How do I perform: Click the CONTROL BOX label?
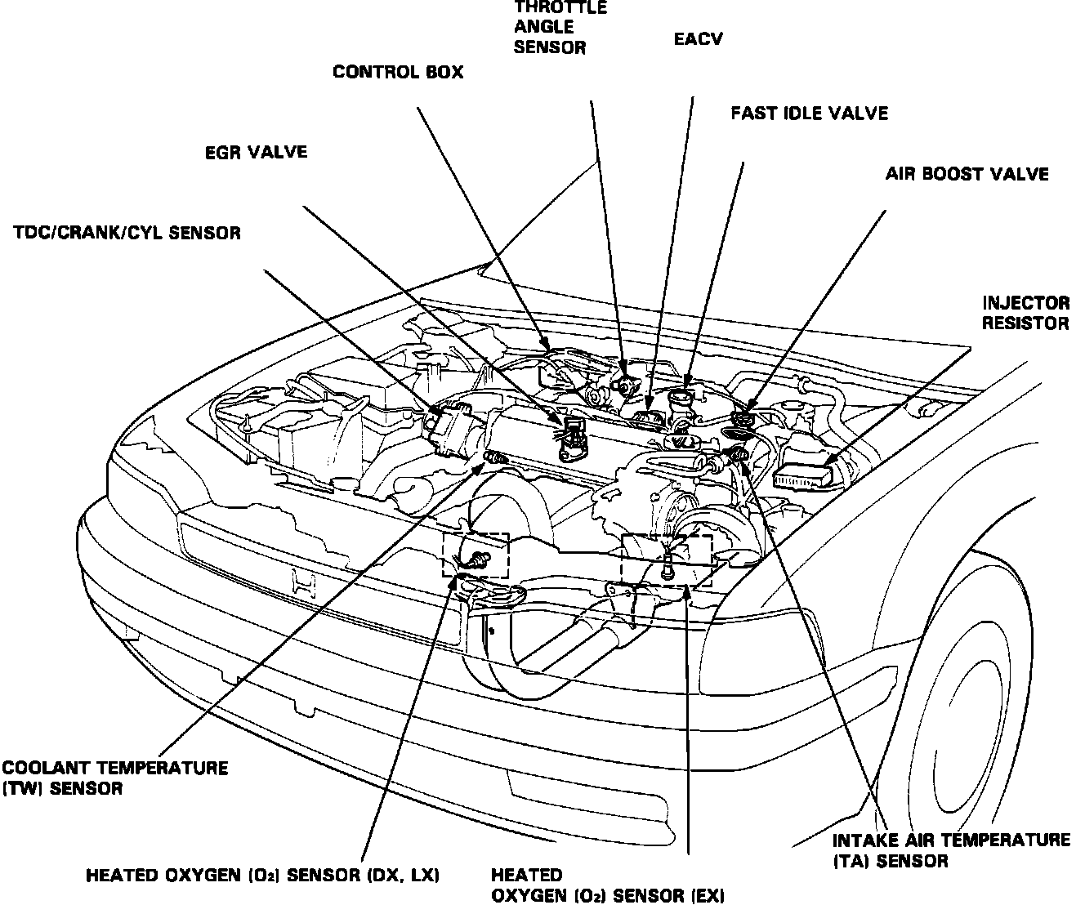(397, 73)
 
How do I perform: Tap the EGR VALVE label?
(256, 153)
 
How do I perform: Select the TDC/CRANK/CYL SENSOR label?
(127, 233)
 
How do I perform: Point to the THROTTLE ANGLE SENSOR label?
(560, 27)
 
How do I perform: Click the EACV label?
(699, 38)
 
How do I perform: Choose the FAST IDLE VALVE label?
(809, 113)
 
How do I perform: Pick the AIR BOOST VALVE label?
(967, 174)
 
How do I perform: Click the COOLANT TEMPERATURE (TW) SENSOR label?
(114, 778)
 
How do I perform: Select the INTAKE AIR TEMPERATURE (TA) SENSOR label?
(951, 849)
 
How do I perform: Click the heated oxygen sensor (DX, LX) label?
(263, 876)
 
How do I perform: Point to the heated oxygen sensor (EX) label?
(607, 885)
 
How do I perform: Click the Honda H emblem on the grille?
(303, 582)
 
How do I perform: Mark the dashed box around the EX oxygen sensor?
(666, 559)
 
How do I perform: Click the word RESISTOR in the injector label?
(1025, 323)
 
